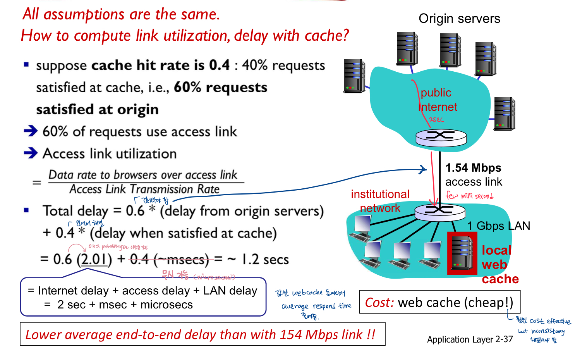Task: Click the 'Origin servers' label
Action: point(459,19)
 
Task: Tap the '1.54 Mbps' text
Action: point(473,168)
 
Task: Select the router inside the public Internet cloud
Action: point(441,137)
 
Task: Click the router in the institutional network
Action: point(439,212)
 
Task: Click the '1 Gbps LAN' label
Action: point(498,226)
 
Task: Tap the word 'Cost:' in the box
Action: point(379,302)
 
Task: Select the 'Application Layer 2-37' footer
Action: point(470,339)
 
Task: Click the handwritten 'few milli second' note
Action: point(469,196)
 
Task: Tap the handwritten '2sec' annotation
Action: point(436,119)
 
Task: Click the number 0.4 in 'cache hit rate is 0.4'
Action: point(220,65)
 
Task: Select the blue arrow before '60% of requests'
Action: point(31,131)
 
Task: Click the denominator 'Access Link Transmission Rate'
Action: point(144,189)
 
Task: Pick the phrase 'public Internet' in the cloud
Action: point(438,100)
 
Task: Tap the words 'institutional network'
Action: point(380,201)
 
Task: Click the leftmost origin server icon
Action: point(354,76)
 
